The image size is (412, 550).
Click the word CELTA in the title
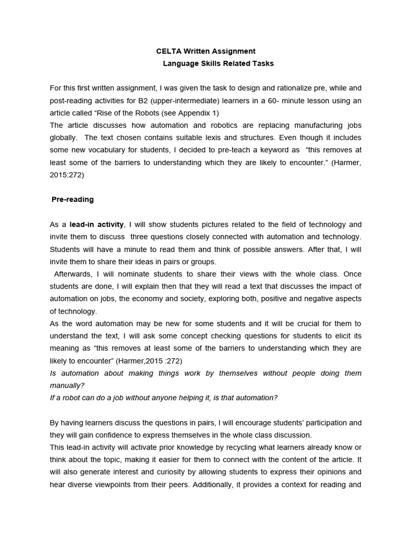tap(167, 51)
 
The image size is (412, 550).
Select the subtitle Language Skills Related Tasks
tap(218, 63)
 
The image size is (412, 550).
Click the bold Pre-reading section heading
tap(72, 199)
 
